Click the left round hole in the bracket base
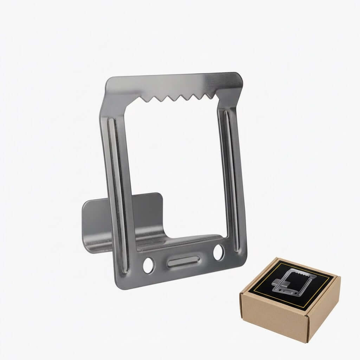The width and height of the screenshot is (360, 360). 148,266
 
